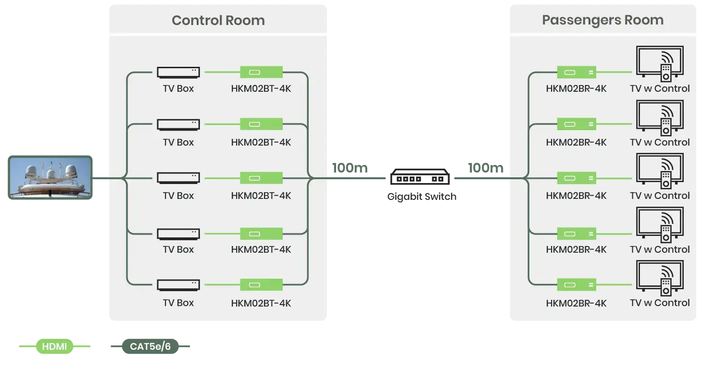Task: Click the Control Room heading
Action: pos(218,21)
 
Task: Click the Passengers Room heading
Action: pos(602,20)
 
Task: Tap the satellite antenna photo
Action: pos(50,177)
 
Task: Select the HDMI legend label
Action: pos(54,346)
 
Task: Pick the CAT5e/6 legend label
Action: pos(150,346)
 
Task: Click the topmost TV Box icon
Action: pos(178,72)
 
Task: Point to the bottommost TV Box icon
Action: pos(178,285)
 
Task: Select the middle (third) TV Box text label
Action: pos(178,196)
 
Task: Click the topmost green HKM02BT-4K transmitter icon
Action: pos(261,72)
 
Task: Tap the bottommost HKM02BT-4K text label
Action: pos(261,303)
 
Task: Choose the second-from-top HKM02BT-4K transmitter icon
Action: pos(261,124)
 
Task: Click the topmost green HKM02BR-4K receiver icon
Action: pos(577,72)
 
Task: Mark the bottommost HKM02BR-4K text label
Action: pos(576,303)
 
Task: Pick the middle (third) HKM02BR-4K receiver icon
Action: pos(577,178)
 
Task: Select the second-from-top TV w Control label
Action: pos(660,142)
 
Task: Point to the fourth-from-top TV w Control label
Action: pos(660,249)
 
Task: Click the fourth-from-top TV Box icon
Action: pos(178,234)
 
